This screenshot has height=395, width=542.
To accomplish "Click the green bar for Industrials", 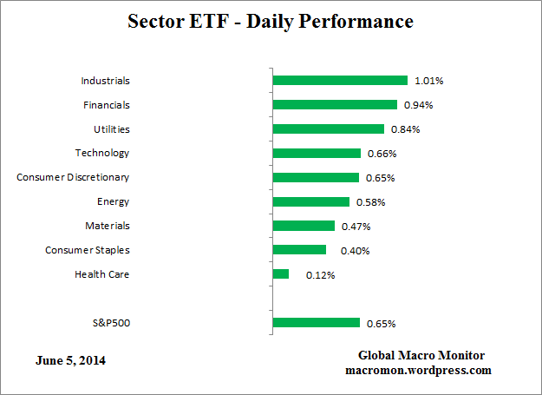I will point(339,81).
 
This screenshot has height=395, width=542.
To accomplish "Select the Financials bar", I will point(334,105).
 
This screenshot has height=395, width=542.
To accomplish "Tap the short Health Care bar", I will point(280,274).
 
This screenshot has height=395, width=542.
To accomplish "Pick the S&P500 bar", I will point(316,323).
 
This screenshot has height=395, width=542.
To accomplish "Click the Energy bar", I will point(310,202).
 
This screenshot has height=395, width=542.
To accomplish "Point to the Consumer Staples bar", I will point(299,250).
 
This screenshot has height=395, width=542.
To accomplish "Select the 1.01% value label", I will point(428,81).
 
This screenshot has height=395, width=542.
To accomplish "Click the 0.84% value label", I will point(405,129).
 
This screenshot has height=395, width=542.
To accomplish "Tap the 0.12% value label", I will point(320,275).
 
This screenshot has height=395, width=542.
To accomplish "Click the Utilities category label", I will point(111,128).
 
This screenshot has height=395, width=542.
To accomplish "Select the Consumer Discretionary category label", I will point(73,177).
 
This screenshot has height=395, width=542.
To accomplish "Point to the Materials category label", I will point(107,226).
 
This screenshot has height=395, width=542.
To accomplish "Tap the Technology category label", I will point(102,153).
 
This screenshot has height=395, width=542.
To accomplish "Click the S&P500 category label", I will point(110,323).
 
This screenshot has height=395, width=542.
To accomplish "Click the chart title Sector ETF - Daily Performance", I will point(271,20).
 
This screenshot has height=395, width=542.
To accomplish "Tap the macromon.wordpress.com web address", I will point(418,370).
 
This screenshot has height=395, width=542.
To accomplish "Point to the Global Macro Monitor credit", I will point(421,356).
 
